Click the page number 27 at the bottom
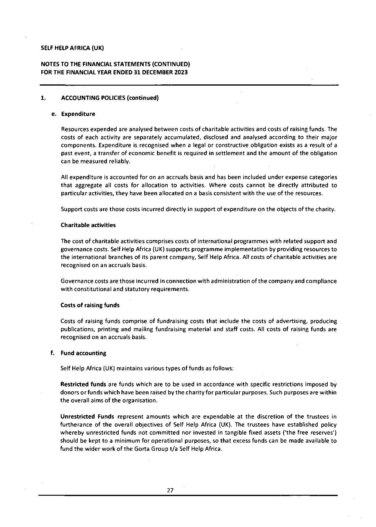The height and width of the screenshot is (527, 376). click(x=170, y=490)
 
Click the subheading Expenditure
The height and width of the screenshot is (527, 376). click(x=78, y=114)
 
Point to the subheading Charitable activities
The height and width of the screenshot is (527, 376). click(x=88, y=225)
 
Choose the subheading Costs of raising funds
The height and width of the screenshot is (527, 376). click(x=90, y=305)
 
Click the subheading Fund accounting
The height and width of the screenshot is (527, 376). click(x=83, y=353)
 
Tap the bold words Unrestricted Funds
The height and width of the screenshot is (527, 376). click(x=87, y=416)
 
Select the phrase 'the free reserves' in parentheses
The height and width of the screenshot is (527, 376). click(x=316, y=432)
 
